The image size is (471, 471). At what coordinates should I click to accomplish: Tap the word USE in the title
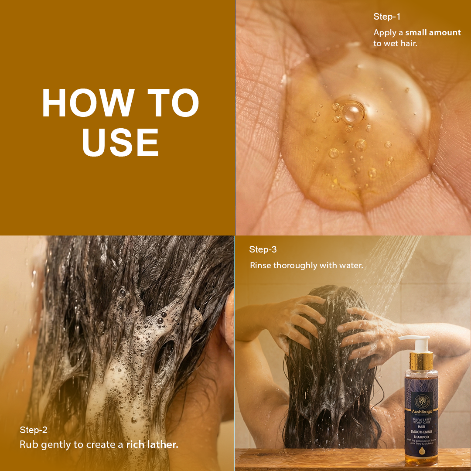coord(120,142)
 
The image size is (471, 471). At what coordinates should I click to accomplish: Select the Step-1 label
coord(387,17)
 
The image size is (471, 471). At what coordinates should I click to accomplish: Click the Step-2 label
coord(34,430)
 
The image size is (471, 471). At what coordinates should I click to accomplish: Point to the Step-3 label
coord(263,249)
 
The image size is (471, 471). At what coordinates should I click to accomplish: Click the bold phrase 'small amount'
coord(433,33)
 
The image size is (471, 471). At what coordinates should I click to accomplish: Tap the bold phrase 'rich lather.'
coord(152,445)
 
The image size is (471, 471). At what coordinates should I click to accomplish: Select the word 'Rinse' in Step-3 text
coord(260,265)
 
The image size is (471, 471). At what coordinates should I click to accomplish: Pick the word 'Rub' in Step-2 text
coord(27,445)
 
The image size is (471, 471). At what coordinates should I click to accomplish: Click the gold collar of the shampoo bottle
coord(421,361)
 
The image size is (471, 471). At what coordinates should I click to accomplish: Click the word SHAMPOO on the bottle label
coord(421,437)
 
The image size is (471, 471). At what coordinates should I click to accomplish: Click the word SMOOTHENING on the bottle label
coord(421,431)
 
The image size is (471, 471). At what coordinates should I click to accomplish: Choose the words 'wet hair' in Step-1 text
coord(401,43)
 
